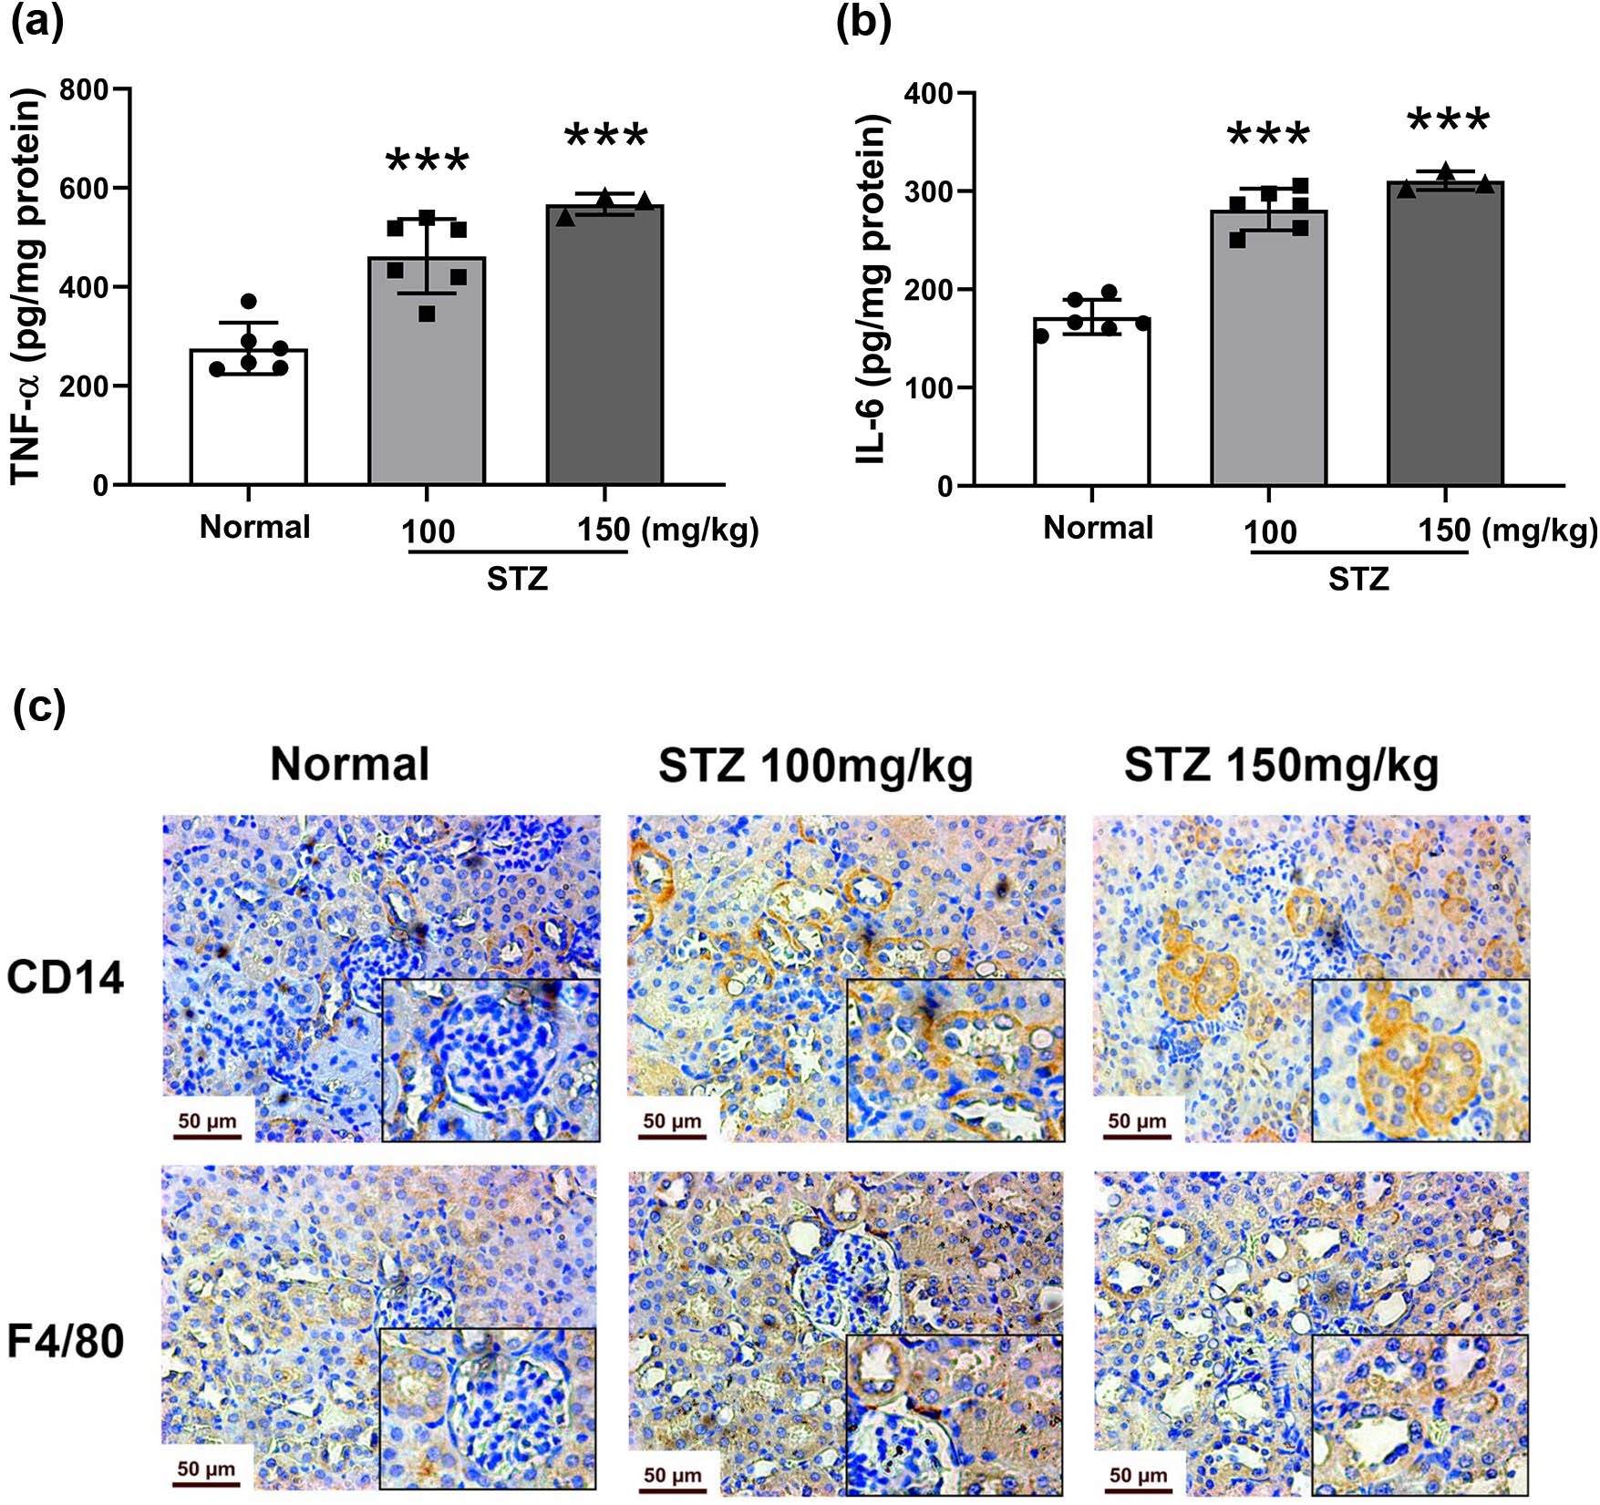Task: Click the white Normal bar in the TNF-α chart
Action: [248, 428]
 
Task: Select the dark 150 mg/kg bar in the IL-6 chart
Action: [1445, 346]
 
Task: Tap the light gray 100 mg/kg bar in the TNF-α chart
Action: [426, 383]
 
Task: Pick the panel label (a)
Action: [37, 22]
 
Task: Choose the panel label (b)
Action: [862, 22]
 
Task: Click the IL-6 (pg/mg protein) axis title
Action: [872, 289]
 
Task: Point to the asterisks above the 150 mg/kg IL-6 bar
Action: [1448, 121]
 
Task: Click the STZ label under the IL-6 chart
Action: [1358, 579]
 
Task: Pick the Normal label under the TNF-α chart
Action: [254, 527]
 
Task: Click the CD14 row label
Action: [65, 978]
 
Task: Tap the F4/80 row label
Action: [65, 1342]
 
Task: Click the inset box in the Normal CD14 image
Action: [490, 1060]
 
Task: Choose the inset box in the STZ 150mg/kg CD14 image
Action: [1420, 1060]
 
